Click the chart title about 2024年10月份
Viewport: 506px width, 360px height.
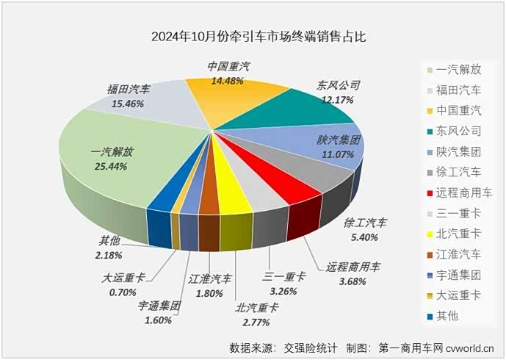[x=259, y=36]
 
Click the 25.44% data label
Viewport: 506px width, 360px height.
[x=111, y=167]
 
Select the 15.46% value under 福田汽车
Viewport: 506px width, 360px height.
[x=128, y=104]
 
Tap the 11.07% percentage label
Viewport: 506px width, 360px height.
[x=338, y=154]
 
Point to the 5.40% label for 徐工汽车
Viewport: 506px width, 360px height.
[x=364, y=237]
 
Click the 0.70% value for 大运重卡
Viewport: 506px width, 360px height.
[x=123, y=292]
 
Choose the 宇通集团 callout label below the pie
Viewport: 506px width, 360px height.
[x=159, y=306]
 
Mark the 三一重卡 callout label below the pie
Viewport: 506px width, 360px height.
[x=283, y=277]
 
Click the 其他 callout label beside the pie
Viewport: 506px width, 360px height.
[x=109, y=240]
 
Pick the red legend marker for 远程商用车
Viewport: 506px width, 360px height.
[x=430, y=193]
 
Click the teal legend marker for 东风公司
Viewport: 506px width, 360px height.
[x=430, y=132]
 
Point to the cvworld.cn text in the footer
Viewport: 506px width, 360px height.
[x=470, y=348]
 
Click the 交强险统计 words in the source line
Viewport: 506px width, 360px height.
[x=311, y=348]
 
